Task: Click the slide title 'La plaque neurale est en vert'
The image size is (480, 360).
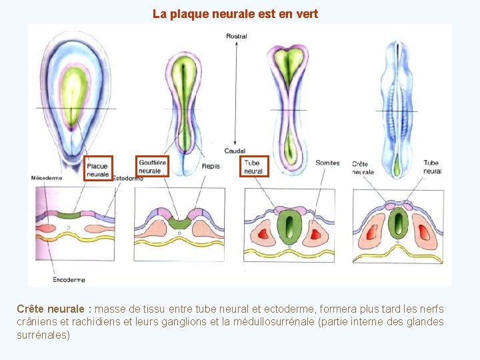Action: [235, 13]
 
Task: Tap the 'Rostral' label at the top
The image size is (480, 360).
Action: [237, 36]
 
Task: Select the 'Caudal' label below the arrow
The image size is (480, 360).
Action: [235, 151]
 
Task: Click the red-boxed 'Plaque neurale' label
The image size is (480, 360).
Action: [98, 169]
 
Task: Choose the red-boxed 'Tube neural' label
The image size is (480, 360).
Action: [253, 166]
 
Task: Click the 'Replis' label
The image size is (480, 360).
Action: [211, 166]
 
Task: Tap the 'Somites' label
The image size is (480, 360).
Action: [327, 163]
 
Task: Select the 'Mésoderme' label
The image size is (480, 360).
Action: [47, 178]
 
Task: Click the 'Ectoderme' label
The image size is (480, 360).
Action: [127, 179]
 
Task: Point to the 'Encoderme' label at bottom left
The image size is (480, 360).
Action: [68, 279]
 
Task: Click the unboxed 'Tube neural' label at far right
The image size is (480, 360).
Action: [431, 167]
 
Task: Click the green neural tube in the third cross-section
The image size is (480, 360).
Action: [289, 227]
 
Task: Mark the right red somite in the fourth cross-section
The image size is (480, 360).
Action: [425, 233]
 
